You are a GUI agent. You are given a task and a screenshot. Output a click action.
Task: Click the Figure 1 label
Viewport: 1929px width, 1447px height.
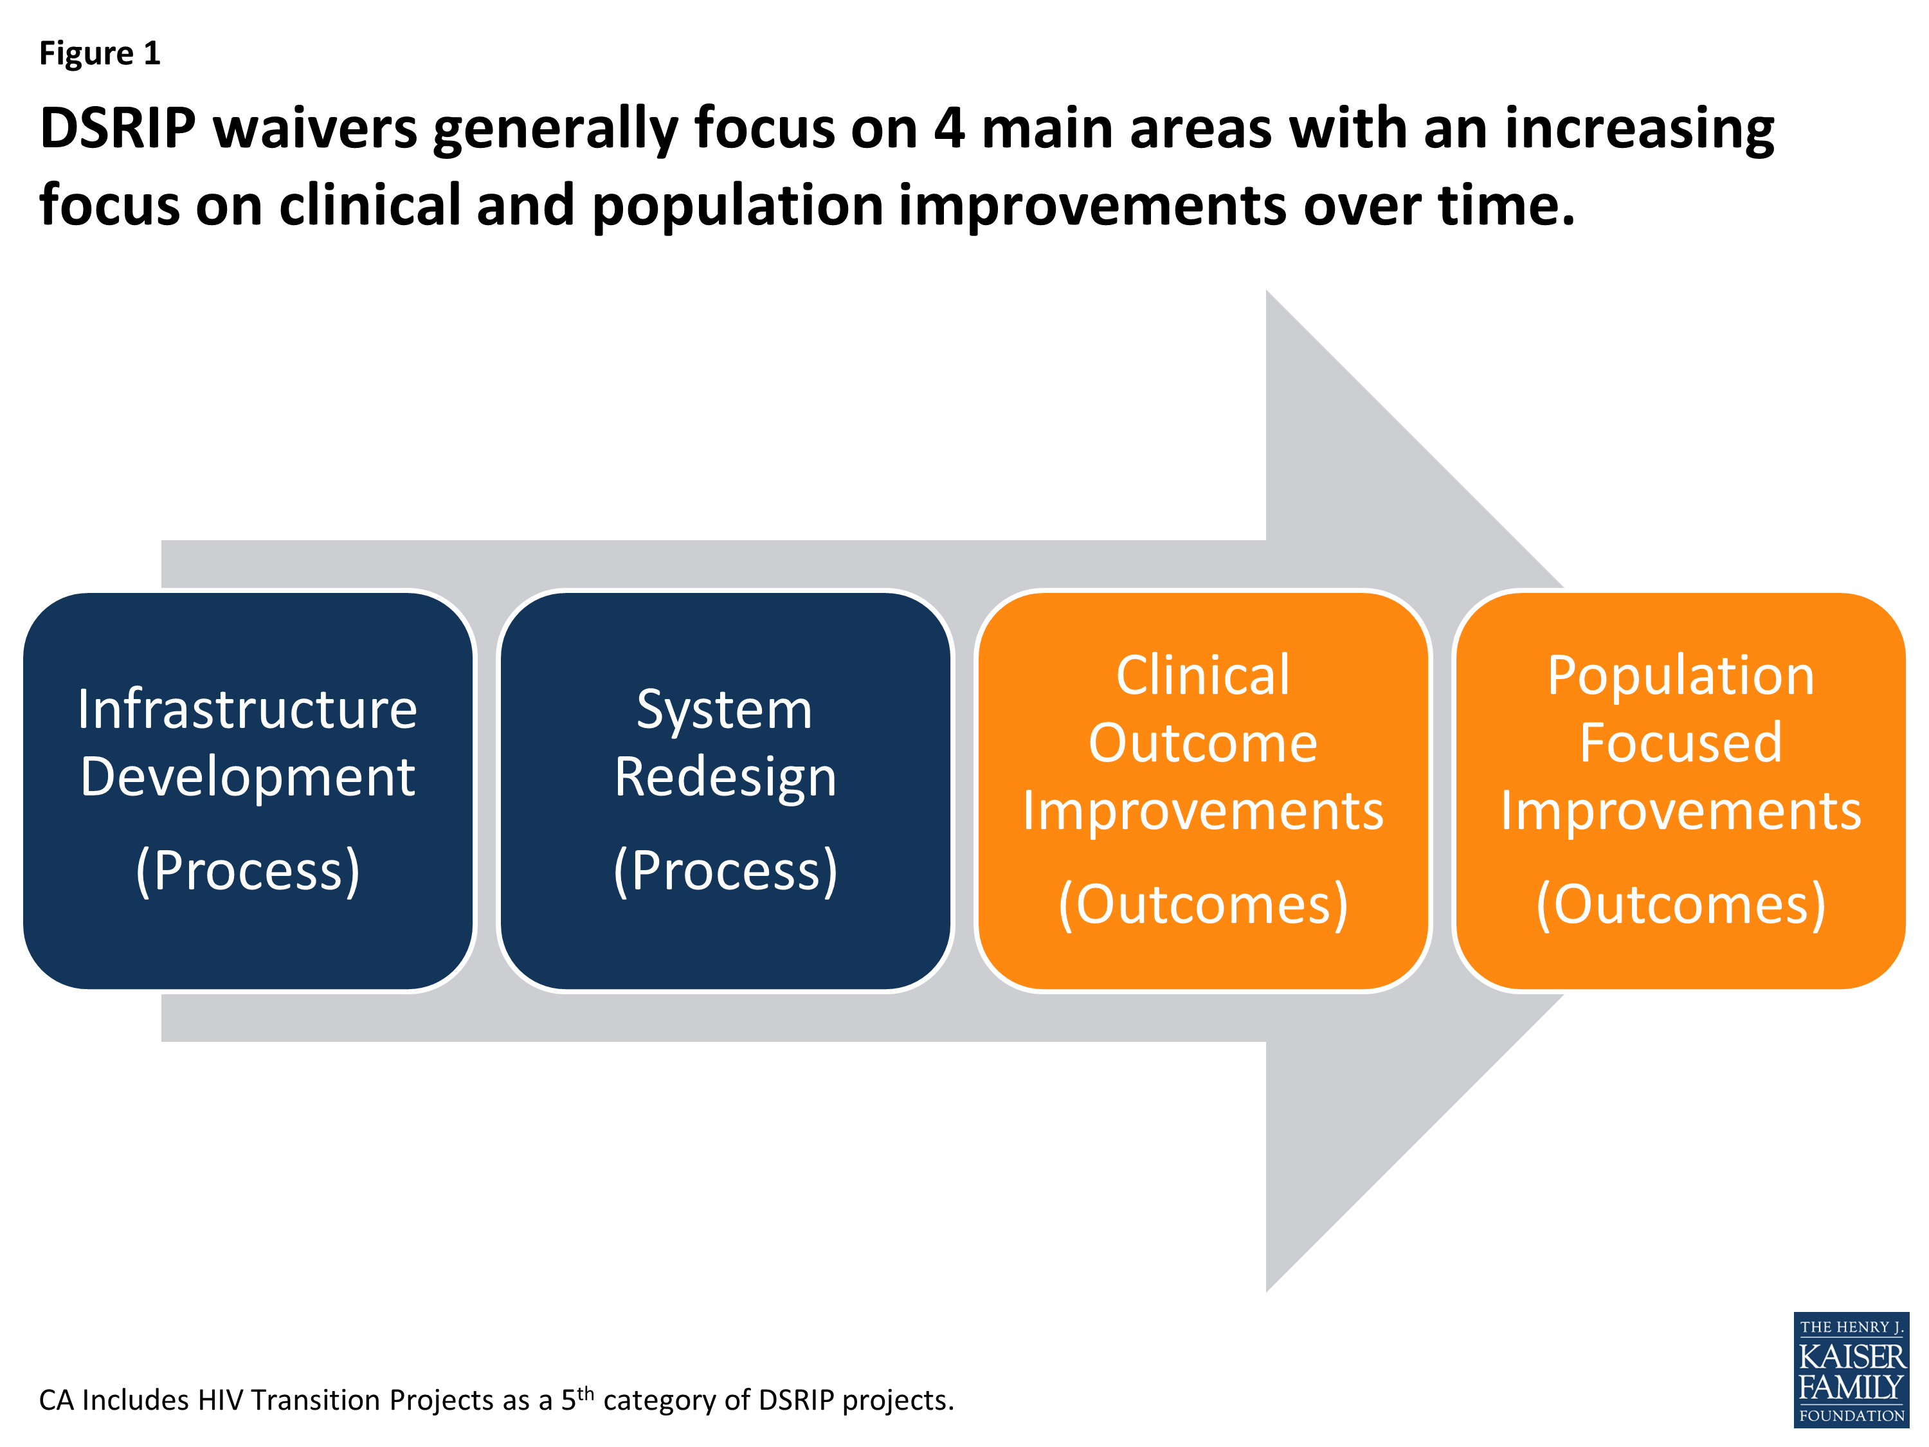click(x=100, y=54)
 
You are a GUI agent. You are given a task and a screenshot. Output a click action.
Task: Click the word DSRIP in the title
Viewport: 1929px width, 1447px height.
click(x=118, y=129)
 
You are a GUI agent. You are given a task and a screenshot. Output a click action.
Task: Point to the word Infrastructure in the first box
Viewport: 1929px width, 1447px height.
click(x=247, y=709)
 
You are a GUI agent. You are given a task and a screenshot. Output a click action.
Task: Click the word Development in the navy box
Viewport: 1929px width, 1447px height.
click(x=247, y=776)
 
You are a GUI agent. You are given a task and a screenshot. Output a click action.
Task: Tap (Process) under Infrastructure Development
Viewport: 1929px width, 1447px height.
click(x=247, y=871)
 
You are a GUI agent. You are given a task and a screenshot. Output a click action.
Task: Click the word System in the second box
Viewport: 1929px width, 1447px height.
click(x=724, y=710)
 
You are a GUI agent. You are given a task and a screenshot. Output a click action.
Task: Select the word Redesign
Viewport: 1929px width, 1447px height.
click(x=725, y=777)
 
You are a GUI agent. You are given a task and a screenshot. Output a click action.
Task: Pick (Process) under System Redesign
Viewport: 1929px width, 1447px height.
click(x=725, y=871)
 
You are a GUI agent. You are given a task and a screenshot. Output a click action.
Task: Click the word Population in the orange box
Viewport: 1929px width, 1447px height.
click(x=1680, y=676)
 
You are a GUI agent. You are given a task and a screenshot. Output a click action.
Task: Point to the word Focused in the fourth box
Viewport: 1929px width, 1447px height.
click(x=1680, y=743)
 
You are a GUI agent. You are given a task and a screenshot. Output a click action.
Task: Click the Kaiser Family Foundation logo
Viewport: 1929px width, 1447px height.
click(x=1851, y=1369)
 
